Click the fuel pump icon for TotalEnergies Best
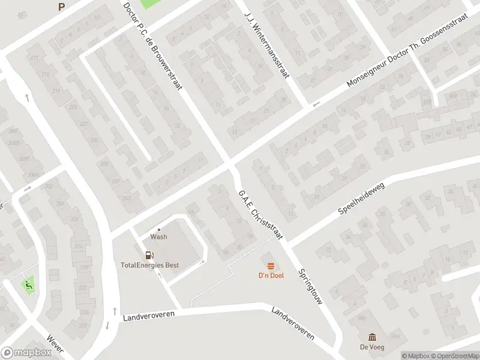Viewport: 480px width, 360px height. pos(150,255)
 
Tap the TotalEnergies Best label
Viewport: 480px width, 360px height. pos(150,265)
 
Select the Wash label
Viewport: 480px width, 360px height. pos(159,237)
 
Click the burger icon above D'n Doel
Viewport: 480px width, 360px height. pos(271,265)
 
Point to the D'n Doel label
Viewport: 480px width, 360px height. pos(271,275)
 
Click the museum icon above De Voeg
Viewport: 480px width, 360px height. pos(372,337)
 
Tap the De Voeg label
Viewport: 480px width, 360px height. pos(372,347)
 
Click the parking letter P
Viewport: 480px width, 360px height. pos(61,7)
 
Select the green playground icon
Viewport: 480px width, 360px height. pos(27,284)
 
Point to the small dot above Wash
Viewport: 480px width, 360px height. pos(159,229)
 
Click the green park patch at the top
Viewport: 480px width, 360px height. pos(151,3)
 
